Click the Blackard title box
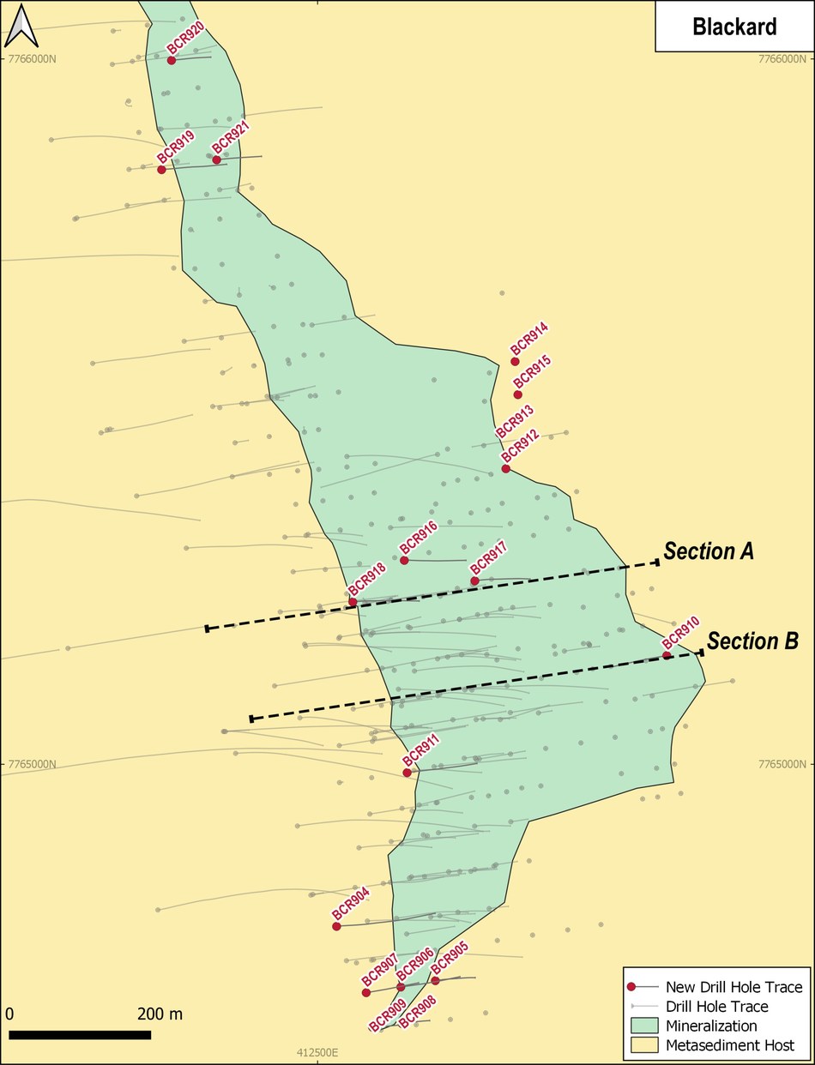733,27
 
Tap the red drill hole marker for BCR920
172,60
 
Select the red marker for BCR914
516,362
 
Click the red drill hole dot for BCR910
667,656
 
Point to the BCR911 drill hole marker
407,773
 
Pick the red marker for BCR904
336,926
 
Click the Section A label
709,552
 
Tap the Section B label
752,641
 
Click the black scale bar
80,1035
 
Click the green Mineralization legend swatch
643,1026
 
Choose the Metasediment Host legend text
730,1045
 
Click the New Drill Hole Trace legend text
734,987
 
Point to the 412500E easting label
318,1052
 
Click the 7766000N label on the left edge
32,59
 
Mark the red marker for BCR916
404,560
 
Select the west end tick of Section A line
207,629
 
